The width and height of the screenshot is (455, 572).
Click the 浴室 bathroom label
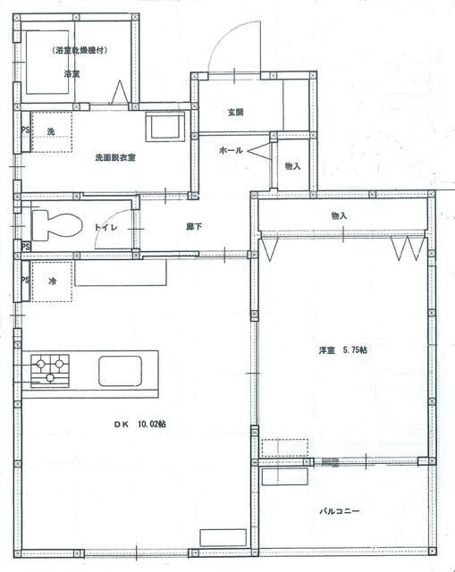click(x=72, y=74)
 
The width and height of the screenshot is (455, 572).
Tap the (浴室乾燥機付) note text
click(x=80, y=51)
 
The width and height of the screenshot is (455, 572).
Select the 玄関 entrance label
click(x=235, y=113)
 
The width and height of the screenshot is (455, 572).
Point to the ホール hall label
click(x=232, y=151)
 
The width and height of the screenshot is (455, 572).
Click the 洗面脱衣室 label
click(x=115, y=157)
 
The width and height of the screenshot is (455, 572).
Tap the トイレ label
click(x=104, y=228)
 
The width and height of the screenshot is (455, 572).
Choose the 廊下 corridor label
click(x=193, y=228)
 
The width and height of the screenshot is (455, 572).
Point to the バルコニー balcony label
click(x=340, y=512)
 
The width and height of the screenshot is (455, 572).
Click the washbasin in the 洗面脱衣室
click(x=165, y=126)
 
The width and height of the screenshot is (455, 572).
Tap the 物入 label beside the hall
click(x=293, y=166)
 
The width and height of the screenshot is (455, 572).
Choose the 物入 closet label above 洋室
click(x=339, y=216)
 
